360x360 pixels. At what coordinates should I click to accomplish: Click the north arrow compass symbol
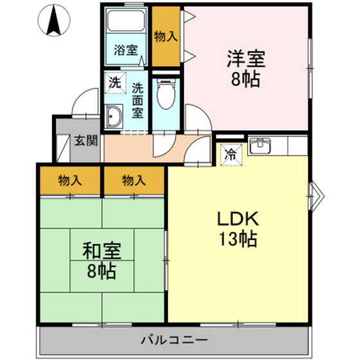[53, 21]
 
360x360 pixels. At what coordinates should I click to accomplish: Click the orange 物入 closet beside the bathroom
[165, 36]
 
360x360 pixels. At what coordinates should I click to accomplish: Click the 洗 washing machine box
[114, 82]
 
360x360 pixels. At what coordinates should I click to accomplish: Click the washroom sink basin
[115, 116]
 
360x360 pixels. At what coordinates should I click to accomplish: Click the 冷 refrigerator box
[231, 154]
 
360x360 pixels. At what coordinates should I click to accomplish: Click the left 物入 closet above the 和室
[69, 181]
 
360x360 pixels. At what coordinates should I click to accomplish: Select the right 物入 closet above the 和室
[134, 181]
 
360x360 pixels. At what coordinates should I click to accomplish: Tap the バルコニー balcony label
[174, 339]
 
